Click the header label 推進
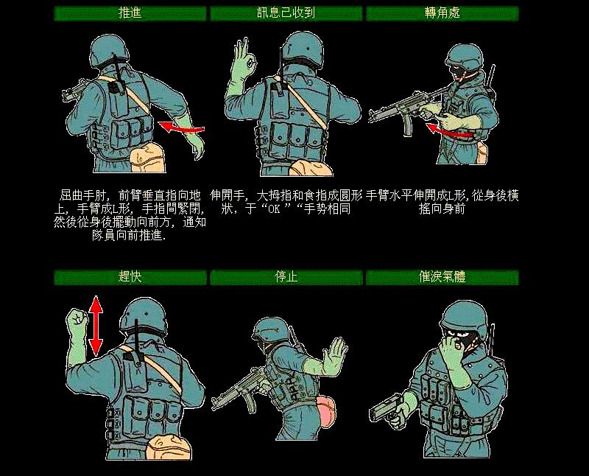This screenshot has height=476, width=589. (x=130, y=13)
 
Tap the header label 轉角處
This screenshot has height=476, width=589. (x=442, y=13)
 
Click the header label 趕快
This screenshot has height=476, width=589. (x=130, y=278)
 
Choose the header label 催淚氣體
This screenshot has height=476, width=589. (x=442, y=278)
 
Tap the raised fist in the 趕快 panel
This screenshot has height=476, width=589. (x=76, y=321)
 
